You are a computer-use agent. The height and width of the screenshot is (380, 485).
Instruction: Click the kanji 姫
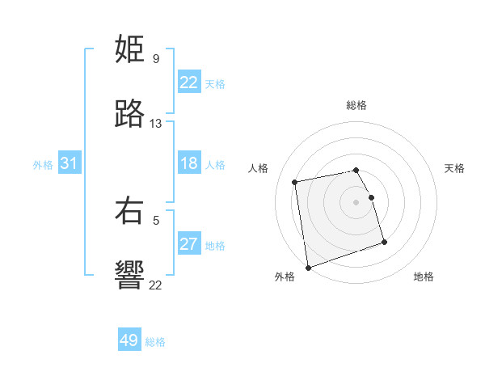coord(129,50)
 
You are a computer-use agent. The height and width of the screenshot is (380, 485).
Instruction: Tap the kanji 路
coord(129,115)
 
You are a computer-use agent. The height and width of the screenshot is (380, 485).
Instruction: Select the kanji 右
coord(129,211)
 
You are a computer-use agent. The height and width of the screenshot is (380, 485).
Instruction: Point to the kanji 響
coord(129,276)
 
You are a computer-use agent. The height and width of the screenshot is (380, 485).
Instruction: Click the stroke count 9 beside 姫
coord(155,59)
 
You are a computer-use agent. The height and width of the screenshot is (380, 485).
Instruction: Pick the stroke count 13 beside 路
coord(156,124)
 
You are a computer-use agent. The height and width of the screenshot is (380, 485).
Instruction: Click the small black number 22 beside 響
coord(155,285)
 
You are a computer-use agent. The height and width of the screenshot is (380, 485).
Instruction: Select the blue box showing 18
coord(189,164)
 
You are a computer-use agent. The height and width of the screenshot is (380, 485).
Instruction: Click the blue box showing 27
coord(189,244)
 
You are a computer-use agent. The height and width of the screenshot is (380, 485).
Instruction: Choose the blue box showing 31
coord(70,164)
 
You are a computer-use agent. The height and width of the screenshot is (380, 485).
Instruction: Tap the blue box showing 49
coord(129,340)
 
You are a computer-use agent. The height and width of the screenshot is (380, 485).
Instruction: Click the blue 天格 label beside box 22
coord(215,84)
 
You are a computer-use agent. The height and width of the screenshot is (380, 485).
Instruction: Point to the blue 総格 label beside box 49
coord(155,342)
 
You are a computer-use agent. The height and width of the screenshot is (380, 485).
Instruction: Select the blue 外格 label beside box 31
coord(43,165)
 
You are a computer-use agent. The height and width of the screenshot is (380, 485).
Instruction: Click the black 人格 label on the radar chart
coord(259,168)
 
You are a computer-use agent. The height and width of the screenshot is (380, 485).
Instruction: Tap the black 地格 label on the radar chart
coord(424,277)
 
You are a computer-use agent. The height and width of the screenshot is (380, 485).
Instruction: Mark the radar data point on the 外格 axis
coord(307,268)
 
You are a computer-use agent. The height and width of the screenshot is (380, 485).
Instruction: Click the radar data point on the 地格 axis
coord(384,242)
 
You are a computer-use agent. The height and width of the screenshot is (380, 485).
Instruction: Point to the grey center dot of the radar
coord(356,201)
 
